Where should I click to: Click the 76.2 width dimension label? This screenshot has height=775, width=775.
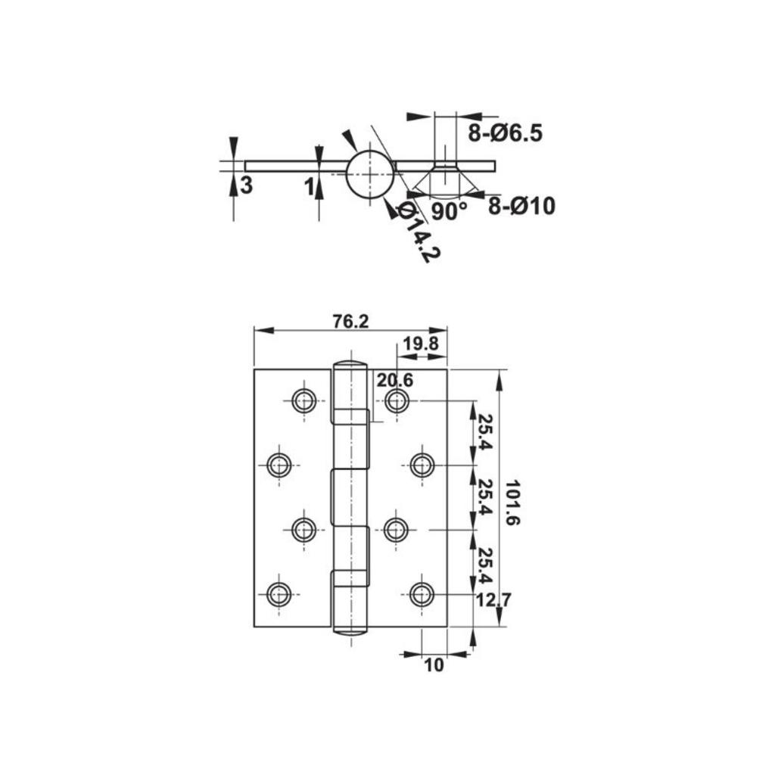point(350,321)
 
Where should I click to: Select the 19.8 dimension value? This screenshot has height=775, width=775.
point(420,344)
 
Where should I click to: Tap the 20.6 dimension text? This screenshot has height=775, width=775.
point(395,380)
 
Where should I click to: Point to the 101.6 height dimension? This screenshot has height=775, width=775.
point(513,503)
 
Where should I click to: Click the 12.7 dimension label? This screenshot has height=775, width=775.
point(494,600)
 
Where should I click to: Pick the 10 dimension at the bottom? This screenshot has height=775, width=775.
point(434,665)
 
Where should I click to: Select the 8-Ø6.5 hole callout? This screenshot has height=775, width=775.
point(505,133)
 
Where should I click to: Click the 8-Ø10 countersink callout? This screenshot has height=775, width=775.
point(521,206)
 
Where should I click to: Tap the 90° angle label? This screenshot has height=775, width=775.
point(450,211)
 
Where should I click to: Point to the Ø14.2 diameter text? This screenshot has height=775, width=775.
point(417,232)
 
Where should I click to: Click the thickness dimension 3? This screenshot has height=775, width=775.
point(246,185)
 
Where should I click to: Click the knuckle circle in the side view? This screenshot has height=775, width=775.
point(370,173)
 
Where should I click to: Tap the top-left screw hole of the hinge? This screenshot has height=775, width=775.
point(303,400)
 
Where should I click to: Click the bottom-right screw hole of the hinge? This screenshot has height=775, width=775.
point(422,594)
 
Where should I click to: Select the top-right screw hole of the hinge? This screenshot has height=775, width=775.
point(397,400)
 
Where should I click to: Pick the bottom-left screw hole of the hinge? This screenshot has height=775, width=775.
point(279,594)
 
